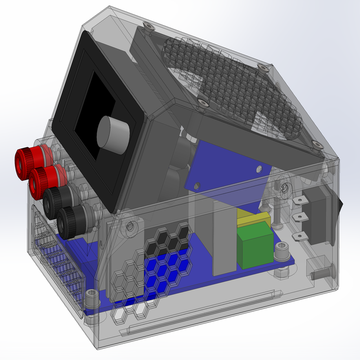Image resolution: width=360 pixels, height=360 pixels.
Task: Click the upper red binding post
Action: click(25, 163)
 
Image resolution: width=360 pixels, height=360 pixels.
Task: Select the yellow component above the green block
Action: click(253, 218)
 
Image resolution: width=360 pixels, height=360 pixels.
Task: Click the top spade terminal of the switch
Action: click(300, 201)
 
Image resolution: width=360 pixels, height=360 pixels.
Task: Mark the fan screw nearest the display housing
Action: click(203, 103)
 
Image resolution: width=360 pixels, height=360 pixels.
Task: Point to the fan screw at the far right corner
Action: click(317, 144)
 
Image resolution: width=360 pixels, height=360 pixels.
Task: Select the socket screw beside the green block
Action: click(282, 251)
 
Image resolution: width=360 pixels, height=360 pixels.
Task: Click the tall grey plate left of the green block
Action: click(224, 239)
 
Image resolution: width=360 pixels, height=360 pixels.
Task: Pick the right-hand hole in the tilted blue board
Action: click(259, 169)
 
